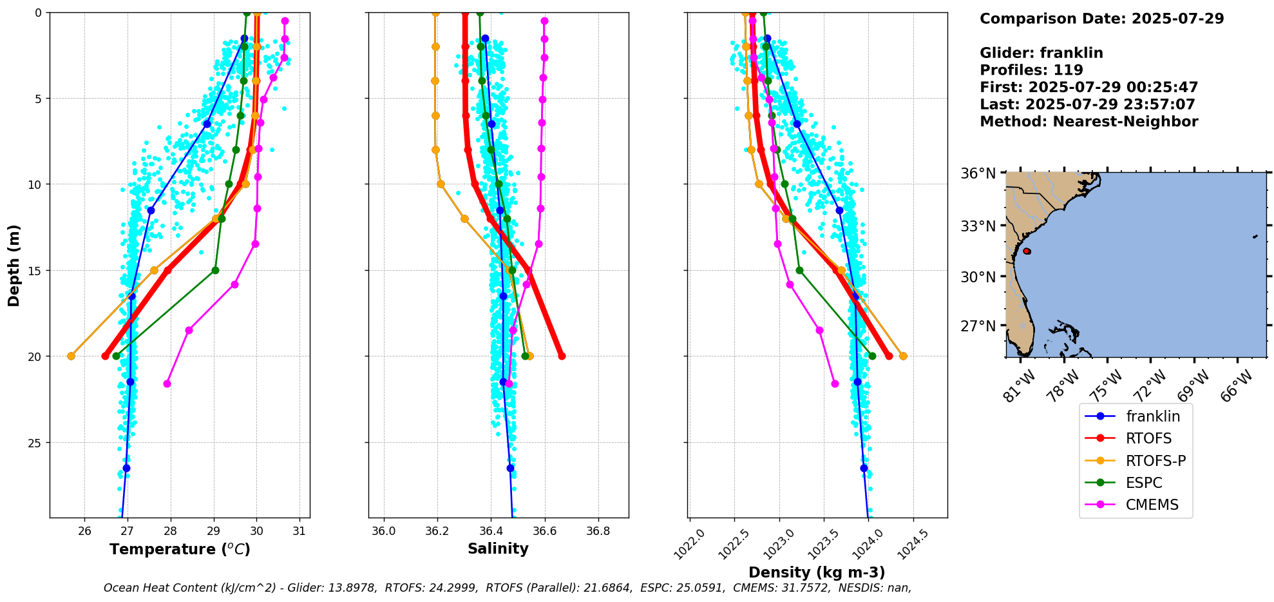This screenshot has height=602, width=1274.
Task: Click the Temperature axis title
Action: (x=180, y=549)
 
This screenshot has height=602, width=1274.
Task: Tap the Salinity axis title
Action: (x=498, y=549)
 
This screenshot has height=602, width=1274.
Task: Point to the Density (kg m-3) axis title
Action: (x=817, y=572)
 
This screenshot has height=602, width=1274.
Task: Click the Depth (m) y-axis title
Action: (x=14, y=265)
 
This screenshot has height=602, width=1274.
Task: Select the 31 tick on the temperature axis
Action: (x=299, y=530)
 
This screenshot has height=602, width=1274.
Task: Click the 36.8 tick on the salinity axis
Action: (x=598, y=530)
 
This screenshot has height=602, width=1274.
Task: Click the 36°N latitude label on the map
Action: (x=978, y=173)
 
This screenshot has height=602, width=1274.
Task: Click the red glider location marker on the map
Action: (x=1027, y=251)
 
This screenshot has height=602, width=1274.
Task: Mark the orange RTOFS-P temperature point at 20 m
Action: (x=71, y=356)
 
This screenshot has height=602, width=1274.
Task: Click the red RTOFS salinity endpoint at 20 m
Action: (x=562, y=356)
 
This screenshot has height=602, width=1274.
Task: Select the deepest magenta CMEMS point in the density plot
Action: (x=835, y=384)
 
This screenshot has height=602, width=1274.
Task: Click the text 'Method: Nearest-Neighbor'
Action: (x=1089, y=122)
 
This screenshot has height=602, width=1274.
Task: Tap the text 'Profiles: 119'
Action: (x=1031, y=70)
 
